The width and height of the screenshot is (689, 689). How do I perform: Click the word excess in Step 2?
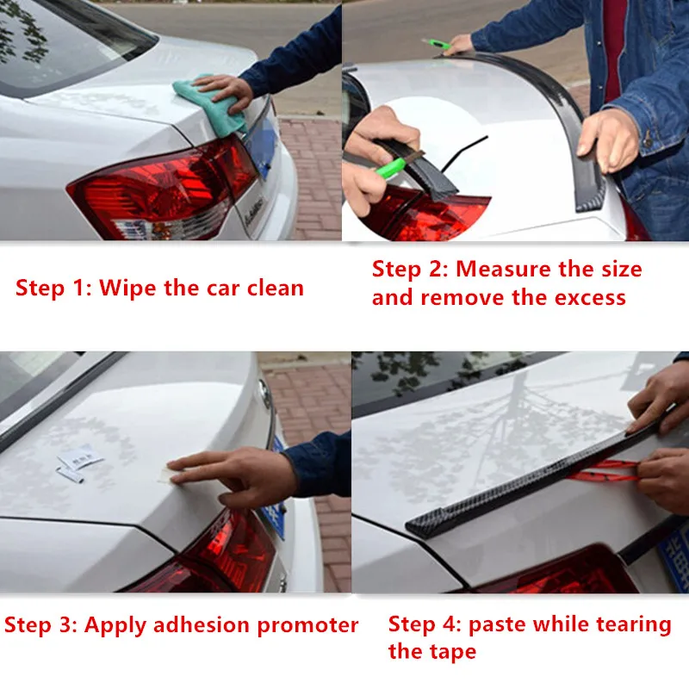(x=590, y=298)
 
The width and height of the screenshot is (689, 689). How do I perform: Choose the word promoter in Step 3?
(x=307, y=626)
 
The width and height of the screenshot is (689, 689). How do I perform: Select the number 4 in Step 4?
(x=450, y=624)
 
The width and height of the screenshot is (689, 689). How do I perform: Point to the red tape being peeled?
(x=605, y=470)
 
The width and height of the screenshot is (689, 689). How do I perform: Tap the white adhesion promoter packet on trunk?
(x=80, y=457)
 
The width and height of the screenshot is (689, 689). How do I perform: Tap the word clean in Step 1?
(x=276, y=289)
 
